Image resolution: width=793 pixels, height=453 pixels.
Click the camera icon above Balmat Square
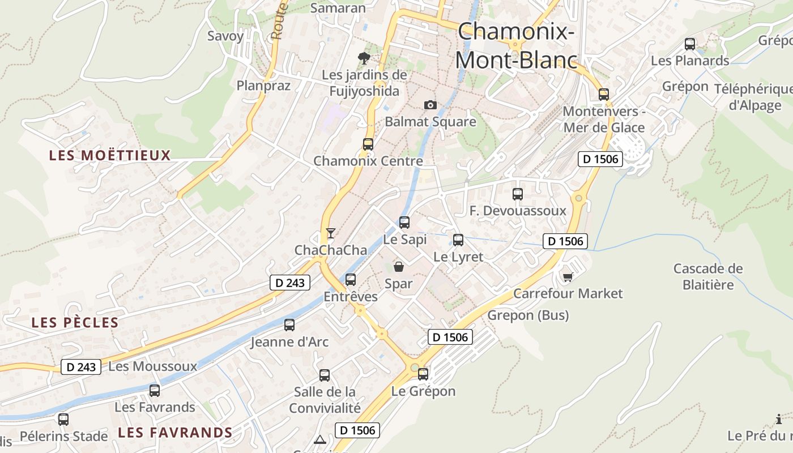click(x=430, y=105)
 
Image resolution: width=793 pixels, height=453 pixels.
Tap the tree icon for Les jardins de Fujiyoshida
click(x=364, y=58)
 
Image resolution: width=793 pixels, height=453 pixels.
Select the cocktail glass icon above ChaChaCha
click(x=330, y=233)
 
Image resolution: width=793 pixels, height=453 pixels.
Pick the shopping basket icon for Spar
click(x=399, y=266)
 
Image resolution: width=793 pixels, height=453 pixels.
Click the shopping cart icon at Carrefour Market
click(x=568, y=276)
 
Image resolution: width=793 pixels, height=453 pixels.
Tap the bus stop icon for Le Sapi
click(x=404, y=222)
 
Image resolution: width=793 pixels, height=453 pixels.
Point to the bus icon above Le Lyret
click(x=458, y=240)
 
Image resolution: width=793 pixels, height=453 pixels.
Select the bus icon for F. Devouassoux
click(x=518, y=194)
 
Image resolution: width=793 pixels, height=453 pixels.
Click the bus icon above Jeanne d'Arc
click(x=289, y=324)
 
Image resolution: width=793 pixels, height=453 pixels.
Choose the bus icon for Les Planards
click(x=690, y=44)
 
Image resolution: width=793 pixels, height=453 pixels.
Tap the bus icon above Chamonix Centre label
click(x=368, y=144)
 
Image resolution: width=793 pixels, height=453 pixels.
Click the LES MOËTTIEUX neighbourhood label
click(x=110, y=155)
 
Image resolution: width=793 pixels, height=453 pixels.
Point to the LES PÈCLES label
click(x=75, y=323)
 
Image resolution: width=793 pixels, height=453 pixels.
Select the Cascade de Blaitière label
click(x=707, y=276)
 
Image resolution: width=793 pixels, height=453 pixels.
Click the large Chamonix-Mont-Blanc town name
click(x=516, y=45)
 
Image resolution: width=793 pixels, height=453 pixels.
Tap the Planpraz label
click(x=263, y=86)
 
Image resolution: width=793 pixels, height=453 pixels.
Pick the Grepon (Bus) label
click(x=528, y=315)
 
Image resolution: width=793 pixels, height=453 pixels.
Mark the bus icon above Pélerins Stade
click(x=63, y=420)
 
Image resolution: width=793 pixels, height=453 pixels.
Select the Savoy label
click(x=225, y=36)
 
